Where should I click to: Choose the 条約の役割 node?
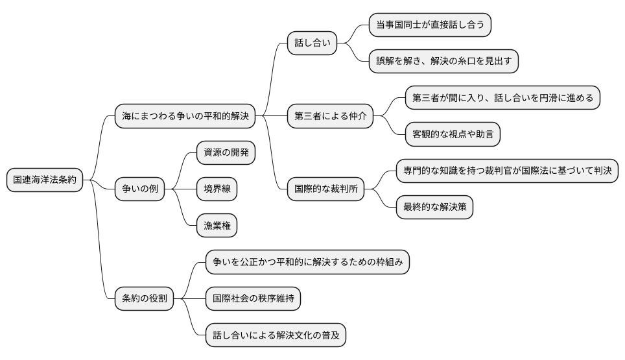click(x=144, y=298)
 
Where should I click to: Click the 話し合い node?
click(x=312, y=43)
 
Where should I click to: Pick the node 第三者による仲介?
click(x=330, y=117)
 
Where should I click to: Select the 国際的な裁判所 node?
click(x=325, y=189)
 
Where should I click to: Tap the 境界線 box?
click(x=217, y=189)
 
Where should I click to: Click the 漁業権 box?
click(x=217, y=225)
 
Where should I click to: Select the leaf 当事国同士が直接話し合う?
click(x=430, y=25)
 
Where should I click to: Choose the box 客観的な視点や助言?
click(x=453, y=135)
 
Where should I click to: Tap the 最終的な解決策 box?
click(x=434, y=208)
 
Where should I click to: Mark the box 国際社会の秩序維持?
click(x=253, y=298)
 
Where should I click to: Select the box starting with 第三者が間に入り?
click(x=502, y=99)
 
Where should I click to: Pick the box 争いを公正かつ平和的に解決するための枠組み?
click(x=307, y=262)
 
